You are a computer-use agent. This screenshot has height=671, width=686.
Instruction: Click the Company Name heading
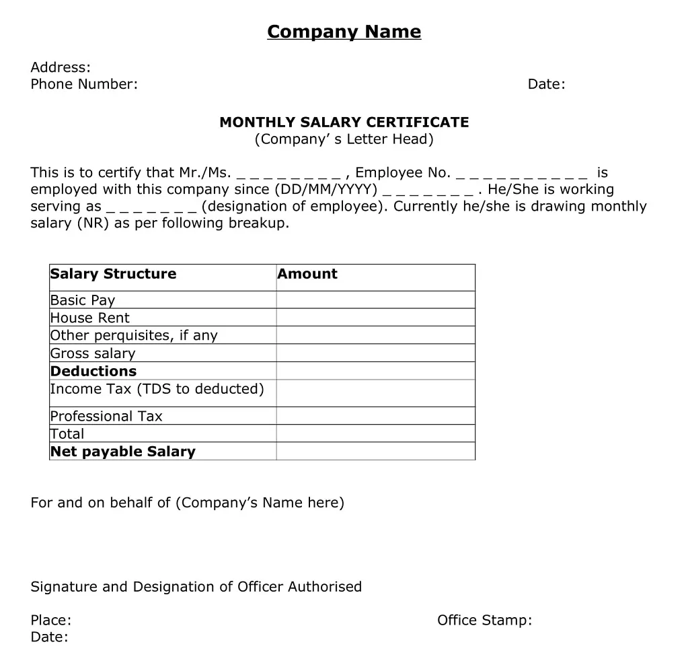click(344, 32)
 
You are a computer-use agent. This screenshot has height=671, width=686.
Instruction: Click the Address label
click(61, 67)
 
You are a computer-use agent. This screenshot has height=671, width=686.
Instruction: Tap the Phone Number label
click(84, 84)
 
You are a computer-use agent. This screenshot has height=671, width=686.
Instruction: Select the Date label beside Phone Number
click(546, 84)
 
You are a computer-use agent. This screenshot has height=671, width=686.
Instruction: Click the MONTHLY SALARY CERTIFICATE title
click(344, 122)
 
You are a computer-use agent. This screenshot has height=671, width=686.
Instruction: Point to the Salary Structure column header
click(113, 274)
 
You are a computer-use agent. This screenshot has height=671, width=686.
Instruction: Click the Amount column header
click(307, 274)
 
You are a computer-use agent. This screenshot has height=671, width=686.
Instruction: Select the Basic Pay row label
click(83, 300)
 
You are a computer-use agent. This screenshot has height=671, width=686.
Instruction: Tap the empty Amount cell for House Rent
click(375, 318)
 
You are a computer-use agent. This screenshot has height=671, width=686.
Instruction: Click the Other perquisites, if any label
click(134, 335)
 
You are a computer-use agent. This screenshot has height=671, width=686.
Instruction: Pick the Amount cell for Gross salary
click(375, 353)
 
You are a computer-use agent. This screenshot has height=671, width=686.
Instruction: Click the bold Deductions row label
click(93, 371)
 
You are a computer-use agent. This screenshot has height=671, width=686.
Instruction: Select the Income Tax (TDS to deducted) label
click(157, 389)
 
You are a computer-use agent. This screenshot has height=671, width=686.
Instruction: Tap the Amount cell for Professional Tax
click(375, 416)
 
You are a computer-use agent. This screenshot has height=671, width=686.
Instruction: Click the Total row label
click(67, 433)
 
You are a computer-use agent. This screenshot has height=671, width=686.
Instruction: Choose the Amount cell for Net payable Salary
click(375, 451)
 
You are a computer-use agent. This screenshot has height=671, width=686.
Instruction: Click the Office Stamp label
click(484, 620)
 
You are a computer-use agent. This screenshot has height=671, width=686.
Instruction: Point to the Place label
click(51, 620)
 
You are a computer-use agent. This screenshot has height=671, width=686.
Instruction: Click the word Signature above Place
click(65, 587)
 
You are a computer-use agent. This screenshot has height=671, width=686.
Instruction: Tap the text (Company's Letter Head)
click(344, 139)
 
